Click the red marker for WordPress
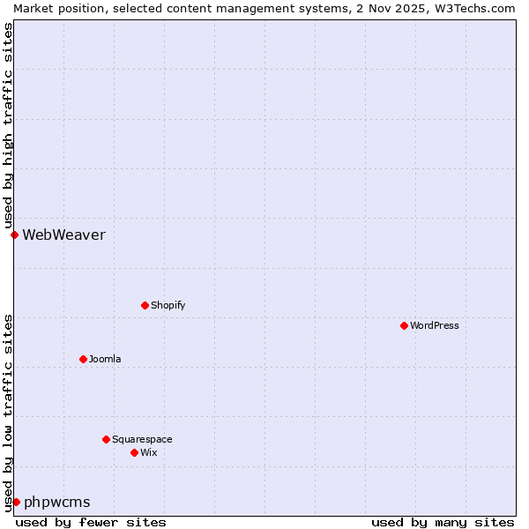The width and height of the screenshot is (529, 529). (404, 325)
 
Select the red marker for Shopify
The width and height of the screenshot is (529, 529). (145, 305)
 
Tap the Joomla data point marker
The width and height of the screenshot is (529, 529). (83, 359)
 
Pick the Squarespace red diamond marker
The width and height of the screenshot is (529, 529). (106, 439)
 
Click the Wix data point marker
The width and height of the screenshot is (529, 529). (134, 452)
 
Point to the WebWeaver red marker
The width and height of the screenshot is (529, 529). (14, 235)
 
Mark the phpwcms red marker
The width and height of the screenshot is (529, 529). (16, 502)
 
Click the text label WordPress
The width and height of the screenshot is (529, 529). (435, 325)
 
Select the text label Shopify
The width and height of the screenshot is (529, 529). (168, 305)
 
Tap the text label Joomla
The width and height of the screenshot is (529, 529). (105, 359)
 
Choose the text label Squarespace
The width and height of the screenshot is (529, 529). (142, 439)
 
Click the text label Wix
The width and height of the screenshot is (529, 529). (149, 452)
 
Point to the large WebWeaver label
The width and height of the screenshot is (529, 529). (63, 235)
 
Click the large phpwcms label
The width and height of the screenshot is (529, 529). (57, 502)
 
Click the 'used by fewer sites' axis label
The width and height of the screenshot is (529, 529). (91, 522)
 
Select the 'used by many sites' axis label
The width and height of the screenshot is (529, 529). (443, 522)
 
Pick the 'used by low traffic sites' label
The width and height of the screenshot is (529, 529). (8, 413)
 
